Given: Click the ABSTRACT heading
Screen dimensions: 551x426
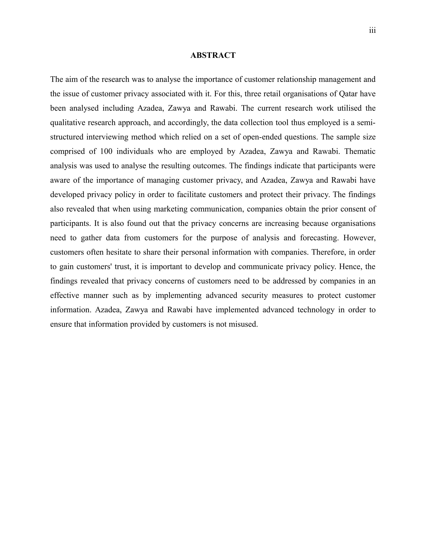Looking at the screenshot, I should click(x=213, y=55).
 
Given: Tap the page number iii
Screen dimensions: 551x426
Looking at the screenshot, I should click(x=372, y=31).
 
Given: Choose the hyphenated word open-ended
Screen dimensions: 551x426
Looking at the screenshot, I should click(x=262, y=137).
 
